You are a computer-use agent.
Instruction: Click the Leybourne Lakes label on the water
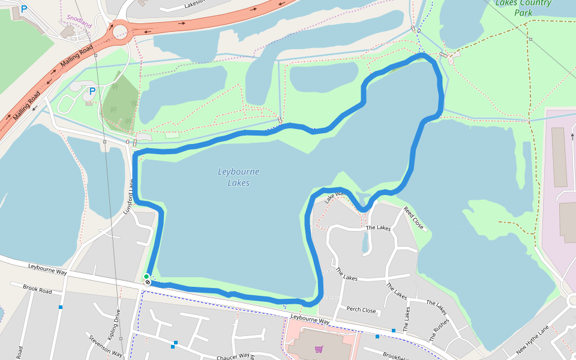[x=238, y=177]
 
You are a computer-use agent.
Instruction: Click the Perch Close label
[x=361, y=310]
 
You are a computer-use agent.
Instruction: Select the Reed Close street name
[x=413, y=218]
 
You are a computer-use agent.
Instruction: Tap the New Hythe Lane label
[x=533, y=340]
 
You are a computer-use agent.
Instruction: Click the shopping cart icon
[x=319, y=349]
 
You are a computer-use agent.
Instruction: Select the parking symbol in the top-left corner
[x=24, y=9]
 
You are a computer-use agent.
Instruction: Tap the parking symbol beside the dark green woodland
[x=92, y=91]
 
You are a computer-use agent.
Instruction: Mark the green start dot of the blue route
[x=146, y=277]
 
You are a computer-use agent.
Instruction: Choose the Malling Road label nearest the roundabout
[x=77, y=56]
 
